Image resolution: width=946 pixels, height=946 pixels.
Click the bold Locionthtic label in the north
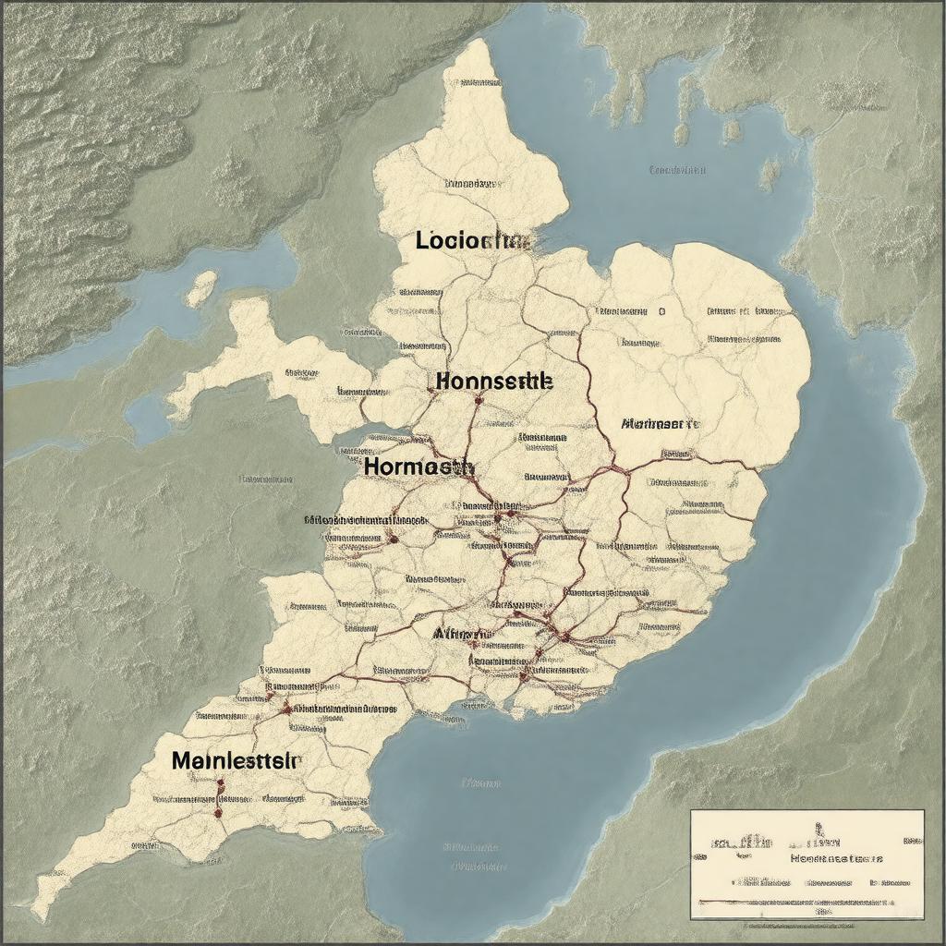coord(473,241)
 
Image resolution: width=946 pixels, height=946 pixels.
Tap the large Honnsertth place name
coord(494,381)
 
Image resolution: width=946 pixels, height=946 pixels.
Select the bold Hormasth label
coord(418,467)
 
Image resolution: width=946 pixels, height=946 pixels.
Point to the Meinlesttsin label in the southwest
coord(236,761)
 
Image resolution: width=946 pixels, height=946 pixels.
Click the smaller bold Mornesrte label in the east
coord(660,424)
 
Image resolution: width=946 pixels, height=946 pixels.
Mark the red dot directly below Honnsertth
coord(478,401)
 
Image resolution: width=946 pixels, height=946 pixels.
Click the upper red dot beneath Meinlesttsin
coord(221,784)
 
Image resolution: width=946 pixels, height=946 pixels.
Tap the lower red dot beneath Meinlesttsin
coord(218,813)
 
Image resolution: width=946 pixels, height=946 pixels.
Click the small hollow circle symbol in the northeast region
coord(661,312)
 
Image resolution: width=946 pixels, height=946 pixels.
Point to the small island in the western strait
coord(200,288)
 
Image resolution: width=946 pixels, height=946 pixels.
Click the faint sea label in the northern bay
coord(677,170)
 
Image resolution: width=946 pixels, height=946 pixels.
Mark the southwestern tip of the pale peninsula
coord(42,910)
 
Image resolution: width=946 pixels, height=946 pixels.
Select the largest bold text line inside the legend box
coord(836,858)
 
